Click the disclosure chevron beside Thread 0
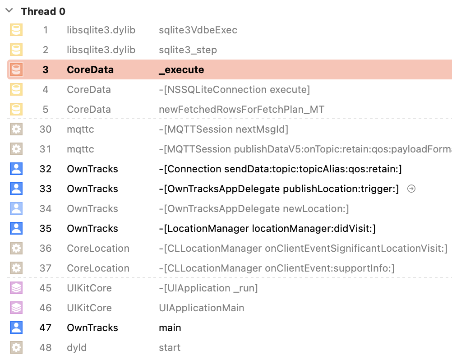click(9, 11)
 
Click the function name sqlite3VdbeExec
click(198, 30)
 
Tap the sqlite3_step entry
click(188, 50)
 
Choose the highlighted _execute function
click(181, 70)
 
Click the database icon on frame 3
click(16, 70)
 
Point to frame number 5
click(46, 110)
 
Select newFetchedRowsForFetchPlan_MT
click(241, 110)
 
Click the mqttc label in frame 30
click(81, 129)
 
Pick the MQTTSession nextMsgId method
click(223, 129)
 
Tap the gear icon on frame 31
click(16, 149)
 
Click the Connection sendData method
click(280, 169)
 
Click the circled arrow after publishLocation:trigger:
click(411, 189)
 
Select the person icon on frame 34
click(16, 209)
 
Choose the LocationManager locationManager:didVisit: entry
click(267, 229)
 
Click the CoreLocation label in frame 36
click(98, 249)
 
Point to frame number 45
click(46, 288)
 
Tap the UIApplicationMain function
click(201, 308)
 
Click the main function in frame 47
click(170, 328)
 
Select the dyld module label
click(77, 348)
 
